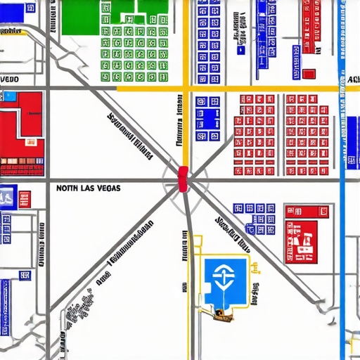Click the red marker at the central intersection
pyautogui.click(x=184, y=179)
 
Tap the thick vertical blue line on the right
pyautogui.click(x=342, y=211)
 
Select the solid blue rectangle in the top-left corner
pyautogui.click(x=31, y=8)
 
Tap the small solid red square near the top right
pyautogui.click(x=309, y=73)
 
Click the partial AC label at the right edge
pyautogui.click(x=353, y=80)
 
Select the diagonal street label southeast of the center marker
pyautogui.click(x=233, y=234)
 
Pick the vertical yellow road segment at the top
pyautogui.click(x=186, y=42)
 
